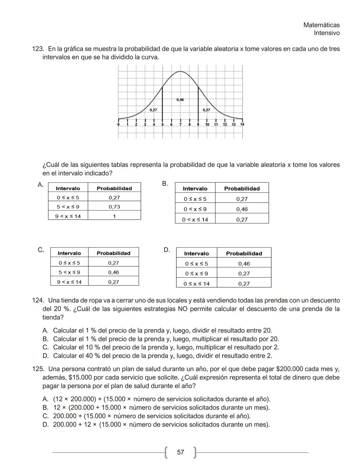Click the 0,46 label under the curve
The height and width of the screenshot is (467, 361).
[x=180, y=100]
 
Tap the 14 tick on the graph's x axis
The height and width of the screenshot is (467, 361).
[x=242, y=124]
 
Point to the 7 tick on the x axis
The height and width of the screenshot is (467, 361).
[x=180, y=124]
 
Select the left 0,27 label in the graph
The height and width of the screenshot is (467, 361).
[x=153, y=110]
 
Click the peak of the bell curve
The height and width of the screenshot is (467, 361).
[x=180, y=72]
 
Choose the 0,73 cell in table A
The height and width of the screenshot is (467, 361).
[x=114, y=207]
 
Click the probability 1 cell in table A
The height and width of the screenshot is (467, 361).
[x=114, y=216]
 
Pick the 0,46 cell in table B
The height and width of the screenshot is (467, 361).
[x=242, y=209]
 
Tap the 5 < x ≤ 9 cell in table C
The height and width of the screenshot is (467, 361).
[x=69, y=272]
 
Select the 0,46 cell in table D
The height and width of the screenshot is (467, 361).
[x=244, y=264]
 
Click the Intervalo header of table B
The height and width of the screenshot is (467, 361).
[x=195, y=189]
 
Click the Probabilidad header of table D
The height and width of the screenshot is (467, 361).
[x=244, y=253]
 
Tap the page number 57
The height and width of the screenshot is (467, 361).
[x=180, y=452]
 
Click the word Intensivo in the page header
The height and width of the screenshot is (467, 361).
[x=327, y=33]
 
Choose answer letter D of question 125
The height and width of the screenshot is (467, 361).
[x=45, y=425]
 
